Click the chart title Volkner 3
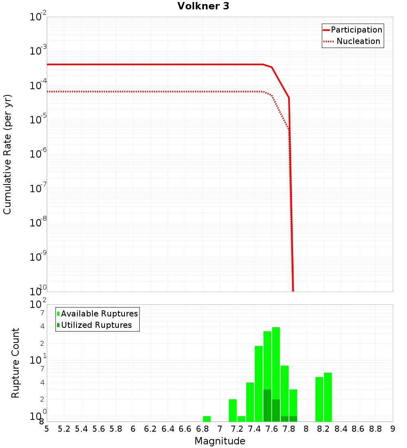coord(203,6)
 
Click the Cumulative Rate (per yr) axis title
coord(7,154)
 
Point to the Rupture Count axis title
coord(15,362)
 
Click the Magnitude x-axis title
coord(220,441)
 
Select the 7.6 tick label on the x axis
coord(272,429)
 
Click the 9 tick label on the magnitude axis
coord(392,429)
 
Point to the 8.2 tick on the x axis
coord(324,429)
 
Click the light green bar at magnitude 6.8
coord(207,419)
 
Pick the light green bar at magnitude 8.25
coord(328,397)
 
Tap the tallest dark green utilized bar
coord(267,405)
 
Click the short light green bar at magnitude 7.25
coord(241,419)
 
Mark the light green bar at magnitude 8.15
coord(319,399)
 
